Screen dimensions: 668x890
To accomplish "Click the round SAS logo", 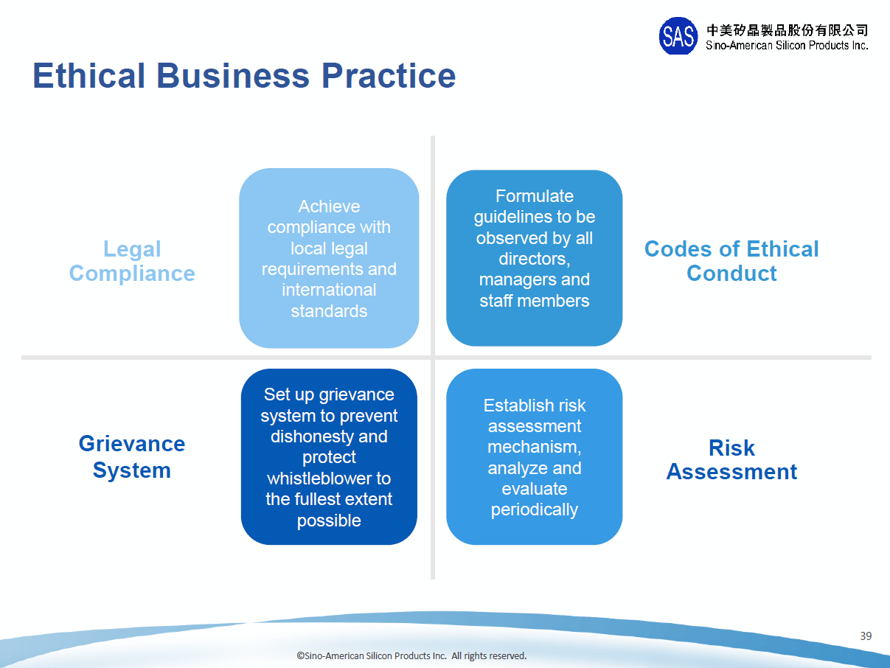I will [x=678, y=36].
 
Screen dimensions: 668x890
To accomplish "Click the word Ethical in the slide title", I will [x=88, y=76].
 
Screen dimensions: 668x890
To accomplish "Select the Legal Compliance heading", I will [x=132, y=261].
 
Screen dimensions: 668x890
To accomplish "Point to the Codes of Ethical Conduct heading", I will [x=731, y=261].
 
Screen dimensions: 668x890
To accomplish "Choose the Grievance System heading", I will [x=132, y=456].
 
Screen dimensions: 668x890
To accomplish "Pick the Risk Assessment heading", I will [x=731, y=459].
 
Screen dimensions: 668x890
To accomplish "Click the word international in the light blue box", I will [x=329, y=290].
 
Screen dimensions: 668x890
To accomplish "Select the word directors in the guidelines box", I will [x=533, y=259].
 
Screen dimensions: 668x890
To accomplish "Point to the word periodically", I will [x=535, y=509].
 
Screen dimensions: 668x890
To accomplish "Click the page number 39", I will [x=866, y=636].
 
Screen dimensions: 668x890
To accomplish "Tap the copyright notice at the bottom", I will [x=411, y=655].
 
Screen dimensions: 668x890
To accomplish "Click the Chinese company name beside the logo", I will [x=787, y=30].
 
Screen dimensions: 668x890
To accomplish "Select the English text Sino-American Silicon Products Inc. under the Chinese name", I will [x=787, y=46].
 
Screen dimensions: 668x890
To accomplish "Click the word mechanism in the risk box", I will [x=533, y=447].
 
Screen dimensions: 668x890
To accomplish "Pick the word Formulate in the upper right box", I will [x=535, y=196].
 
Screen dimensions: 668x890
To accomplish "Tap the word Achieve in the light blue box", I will [x=329, y=206].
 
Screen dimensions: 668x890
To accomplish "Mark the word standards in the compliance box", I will [x=329, y=311].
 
